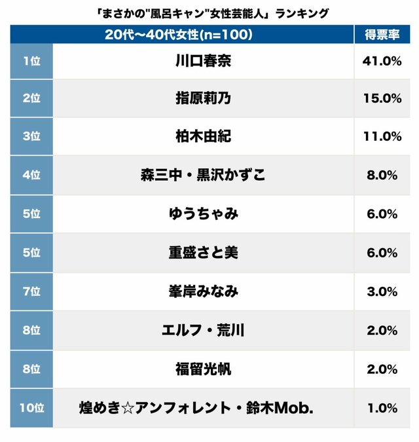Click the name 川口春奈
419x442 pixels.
(204, 62)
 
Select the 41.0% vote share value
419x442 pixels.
(381, 61)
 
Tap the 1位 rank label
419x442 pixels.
(31, 61)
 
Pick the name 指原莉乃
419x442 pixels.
(204, 99)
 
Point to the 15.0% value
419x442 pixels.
(381, 99)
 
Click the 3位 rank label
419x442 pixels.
(31, 137)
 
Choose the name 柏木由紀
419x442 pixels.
(204, 137)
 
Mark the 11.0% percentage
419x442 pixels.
(381, 137)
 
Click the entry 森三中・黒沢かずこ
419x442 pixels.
(204, 175)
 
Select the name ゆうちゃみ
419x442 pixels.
(204, 214)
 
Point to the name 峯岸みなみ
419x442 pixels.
(204, 291)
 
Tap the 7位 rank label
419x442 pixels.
(31, 291)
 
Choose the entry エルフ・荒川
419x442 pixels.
(204, 331)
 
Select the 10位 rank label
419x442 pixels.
(31, 408)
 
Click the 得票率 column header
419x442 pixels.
(382, 35)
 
